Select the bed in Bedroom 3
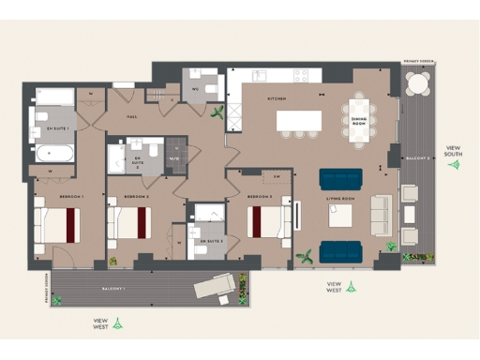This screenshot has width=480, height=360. pyautogui.click(x=269, y=222)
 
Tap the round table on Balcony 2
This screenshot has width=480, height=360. pyautogui.click(x=416, y=83)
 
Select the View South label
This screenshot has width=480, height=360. pyautogui.click(x=455, y=150)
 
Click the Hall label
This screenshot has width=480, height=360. pyautogui.click(x=131, y=118)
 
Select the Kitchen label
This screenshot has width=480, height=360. pyautogui.click(x=277, y=98)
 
